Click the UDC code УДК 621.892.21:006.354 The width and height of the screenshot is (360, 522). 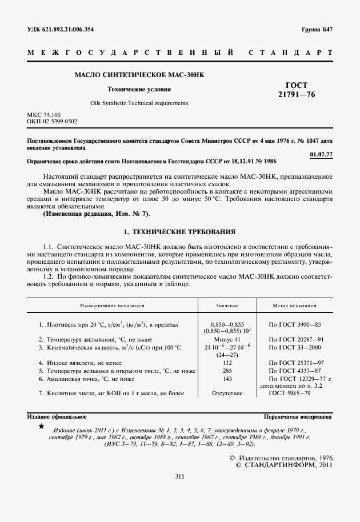coord(61,29)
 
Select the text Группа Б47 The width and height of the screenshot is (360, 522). coord(317,29)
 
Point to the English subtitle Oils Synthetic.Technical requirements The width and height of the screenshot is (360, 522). coord(139,103)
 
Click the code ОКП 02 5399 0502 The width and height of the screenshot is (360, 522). coord(52,122)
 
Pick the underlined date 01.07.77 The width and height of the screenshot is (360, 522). coord(321,154)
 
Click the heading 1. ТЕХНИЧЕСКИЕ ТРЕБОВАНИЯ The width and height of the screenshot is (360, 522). coord(180,232)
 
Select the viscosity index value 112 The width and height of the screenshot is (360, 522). coord(227,363)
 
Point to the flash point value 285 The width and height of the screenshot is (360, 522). coord(227,371)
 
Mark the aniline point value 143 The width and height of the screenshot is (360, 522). coord(227,379)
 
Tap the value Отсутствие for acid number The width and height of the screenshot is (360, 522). coord(227,393)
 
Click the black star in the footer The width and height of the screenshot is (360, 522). coord(40,427)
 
